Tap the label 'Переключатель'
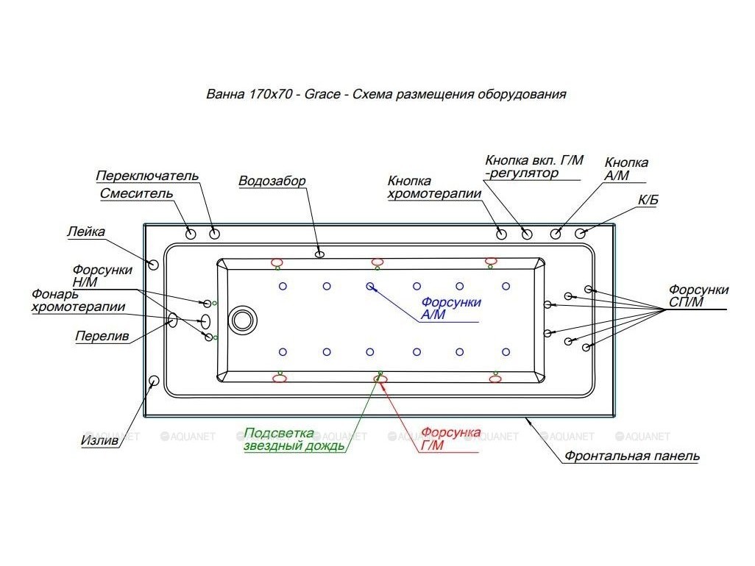147,176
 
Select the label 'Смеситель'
136,194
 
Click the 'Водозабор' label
272,181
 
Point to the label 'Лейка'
85,232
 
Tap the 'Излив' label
99,441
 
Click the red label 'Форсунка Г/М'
451,438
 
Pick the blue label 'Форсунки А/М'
451,309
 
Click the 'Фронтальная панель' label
631,456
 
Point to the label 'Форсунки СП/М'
698,296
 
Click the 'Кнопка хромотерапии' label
434,187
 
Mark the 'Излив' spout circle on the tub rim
154,380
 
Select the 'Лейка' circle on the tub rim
153,264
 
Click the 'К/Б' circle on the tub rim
581,234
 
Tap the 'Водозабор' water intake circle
320,254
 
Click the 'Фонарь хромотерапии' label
78,300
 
